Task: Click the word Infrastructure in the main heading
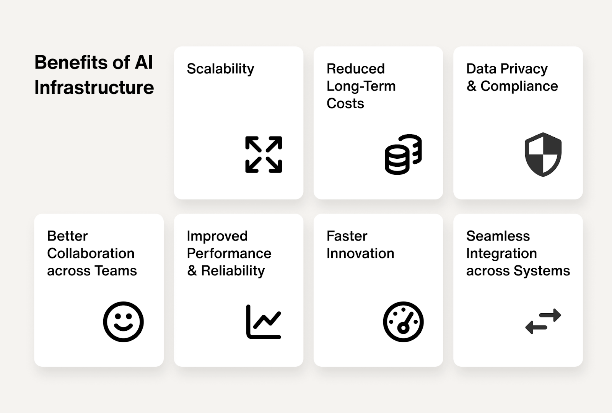(x=94, y=88)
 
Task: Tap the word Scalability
(x=220, y=69)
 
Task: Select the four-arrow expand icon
(x=264, y=154)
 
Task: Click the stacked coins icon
(x=403, y=154)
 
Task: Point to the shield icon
(x=543, y=154)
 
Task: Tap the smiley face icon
(x=123, y=322)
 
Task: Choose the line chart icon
(x=264, y=322)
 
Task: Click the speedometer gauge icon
(x=403, y=322)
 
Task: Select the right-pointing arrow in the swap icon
(x=550, y=315)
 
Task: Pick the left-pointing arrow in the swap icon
(x=536, y=327)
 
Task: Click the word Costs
(x=345, y=104)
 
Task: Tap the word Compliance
(x=519, y=86)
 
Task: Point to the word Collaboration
(x=91, y=254)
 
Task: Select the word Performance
(x=229, y=254)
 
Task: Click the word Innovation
(x=360, y=254)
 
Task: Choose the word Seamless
(x=498, y=236)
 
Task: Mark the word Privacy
(x=524, y=69)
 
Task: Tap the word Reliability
(x=233, y=271)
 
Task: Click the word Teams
(x=116, y=271)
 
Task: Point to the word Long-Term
(x=361, y=86)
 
